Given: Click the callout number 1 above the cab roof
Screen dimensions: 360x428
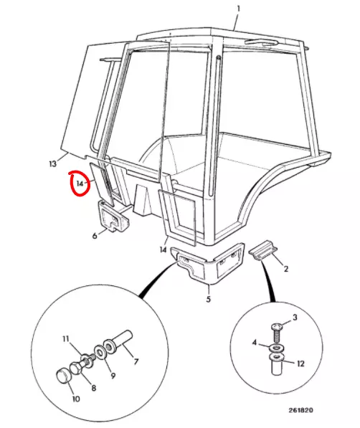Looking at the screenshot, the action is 238,9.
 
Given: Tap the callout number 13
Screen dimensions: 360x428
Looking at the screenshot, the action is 53,163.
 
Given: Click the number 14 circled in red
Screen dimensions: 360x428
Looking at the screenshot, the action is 80,184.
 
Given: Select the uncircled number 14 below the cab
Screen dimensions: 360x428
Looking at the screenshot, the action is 163,249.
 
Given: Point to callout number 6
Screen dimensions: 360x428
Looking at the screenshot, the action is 95,236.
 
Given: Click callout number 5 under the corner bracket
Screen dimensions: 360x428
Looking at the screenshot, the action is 209,299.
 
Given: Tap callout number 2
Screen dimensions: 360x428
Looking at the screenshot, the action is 286,269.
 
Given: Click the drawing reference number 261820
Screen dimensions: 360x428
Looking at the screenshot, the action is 300,410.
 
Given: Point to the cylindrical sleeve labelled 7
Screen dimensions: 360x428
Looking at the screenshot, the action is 118,341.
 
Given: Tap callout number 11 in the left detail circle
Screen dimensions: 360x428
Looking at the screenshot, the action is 65,339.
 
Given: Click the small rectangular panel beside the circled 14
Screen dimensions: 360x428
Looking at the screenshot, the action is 101,184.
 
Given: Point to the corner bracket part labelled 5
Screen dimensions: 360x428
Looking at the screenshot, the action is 207,265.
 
